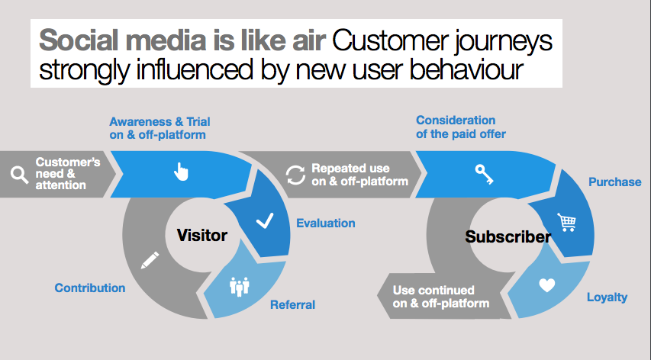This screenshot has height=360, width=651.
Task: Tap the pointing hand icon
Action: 181,172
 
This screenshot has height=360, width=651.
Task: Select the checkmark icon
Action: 265,220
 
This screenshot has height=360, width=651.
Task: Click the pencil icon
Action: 150,260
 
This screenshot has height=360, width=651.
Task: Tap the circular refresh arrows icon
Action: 295,175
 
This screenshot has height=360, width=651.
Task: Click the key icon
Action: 485,174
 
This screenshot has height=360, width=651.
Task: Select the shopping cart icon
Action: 567,222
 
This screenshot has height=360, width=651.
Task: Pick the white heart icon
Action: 546,285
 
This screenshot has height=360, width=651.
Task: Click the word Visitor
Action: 201,235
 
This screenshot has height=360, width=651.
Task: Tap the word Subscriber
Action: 508,236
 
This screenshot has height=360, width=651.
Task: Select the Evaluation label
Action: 325,223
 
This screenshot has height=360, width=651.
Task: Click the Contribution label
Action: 90,288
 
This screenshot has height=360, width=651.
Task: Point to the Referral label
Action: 293,305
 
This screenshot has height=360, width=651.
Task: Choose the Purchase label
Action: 615,182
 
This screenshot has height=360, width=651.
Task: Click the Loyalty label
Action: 607,297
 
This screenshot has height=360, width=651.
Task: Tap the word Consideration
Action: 456,121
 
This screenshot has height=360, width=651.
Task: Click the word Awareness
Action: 140,121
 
